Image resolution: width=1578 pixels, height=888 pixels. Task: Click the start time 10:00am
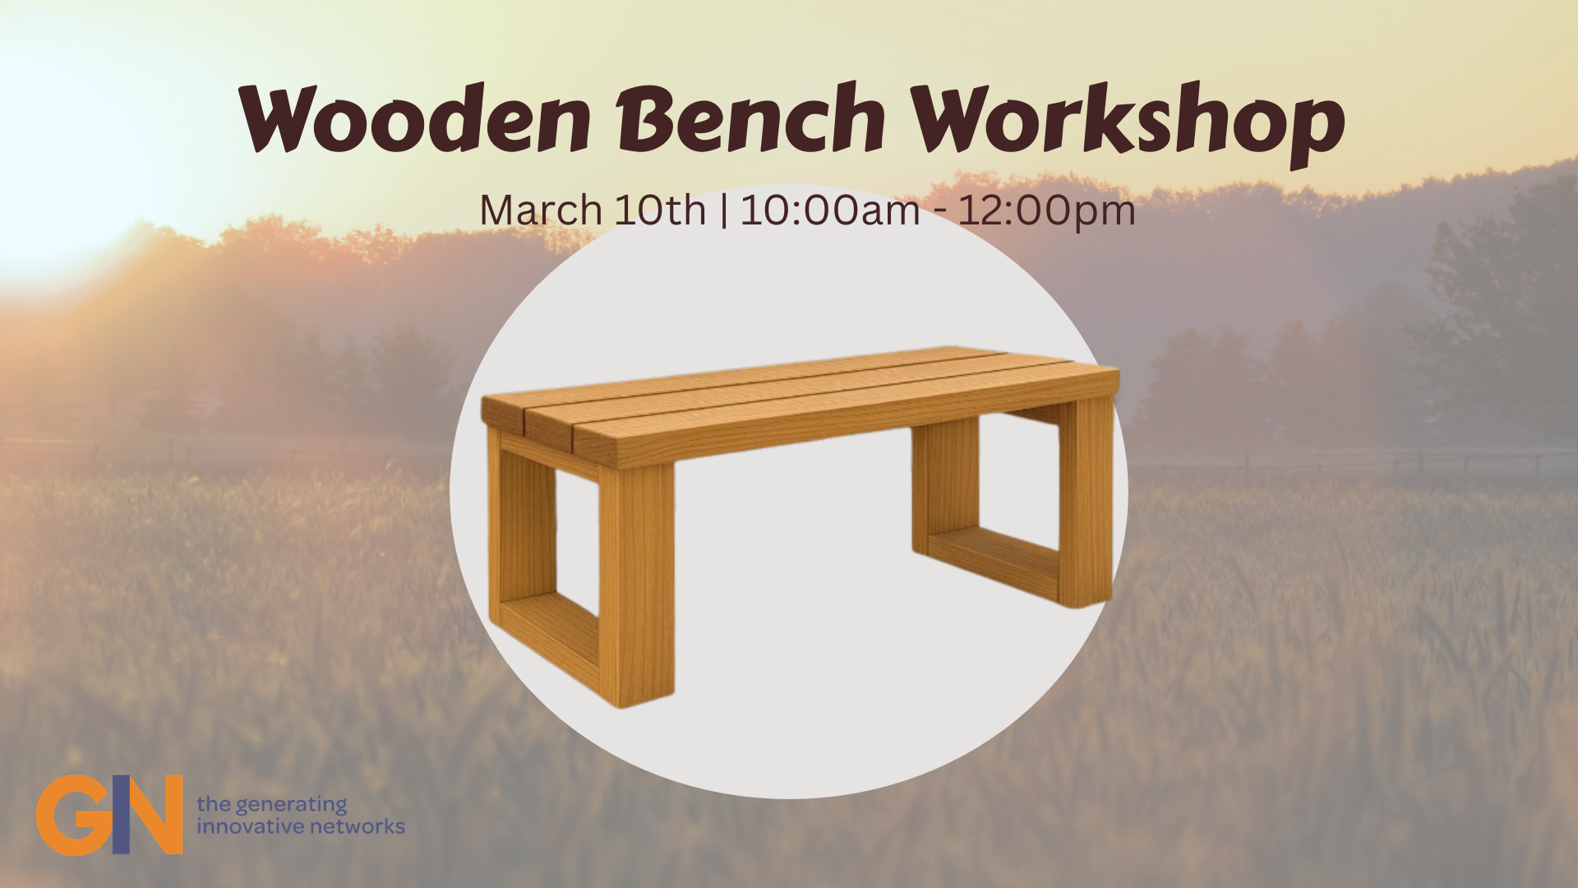[x=830, y=210]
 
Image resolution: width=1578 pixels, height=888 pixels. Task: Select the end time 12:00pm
[x=1046, y=210]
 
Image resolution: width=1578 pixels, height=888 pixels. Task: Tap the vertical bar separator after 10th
[x=723, y=210]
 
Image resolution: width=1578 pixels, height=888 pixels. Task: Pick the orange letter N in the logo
[x=156, y=814]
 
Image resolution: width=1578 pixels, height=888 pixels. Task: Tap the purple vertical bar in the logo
[x=120, y=814]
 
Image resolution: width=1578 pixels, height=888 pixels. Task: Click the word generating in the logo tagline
[x=291, y=804]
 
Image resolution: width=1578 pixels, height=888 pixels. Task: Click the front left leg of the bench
[x=636, y=584]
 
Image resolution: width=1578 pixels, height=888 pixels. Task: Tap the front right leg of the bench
[x=1085, y=502]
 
